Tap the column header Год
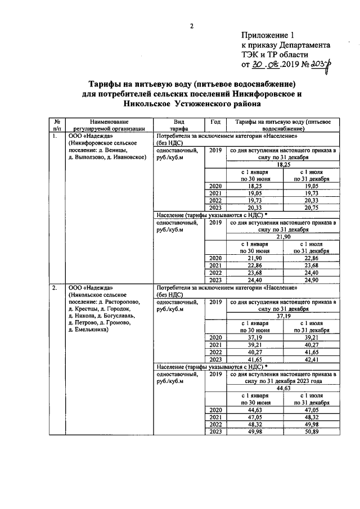215,121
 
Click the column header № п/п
57,125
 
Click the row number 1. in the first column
55,136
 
